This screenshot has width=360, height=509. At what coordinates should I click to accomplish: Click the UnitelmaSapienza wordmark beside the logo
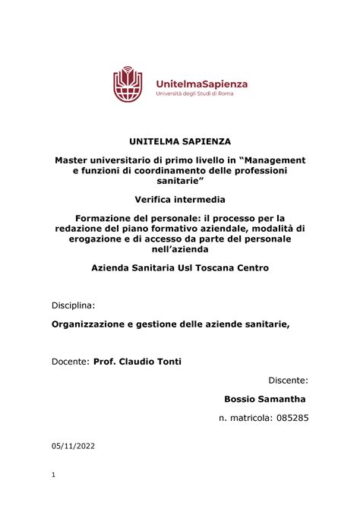[x=201, y=83]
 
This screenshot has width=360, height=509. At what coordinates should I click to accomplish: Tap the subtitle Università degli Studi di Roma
[x=195, y=94]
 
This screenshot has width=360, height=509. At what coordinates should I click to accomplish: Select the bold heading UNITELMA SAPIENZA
[x=180, y=141]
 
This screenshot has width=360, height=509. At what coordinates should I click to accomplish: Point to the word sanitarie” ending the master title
[x=180, y=183]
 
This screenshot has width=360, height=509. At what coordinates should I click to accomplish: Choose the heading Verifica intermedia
[x=180, y=201]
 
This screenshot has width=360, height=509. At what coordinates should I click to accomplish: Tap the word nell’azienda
[x=180, y=251]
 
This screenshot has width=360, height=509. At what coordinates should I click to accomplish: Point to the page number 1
[x=55, y=476]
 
